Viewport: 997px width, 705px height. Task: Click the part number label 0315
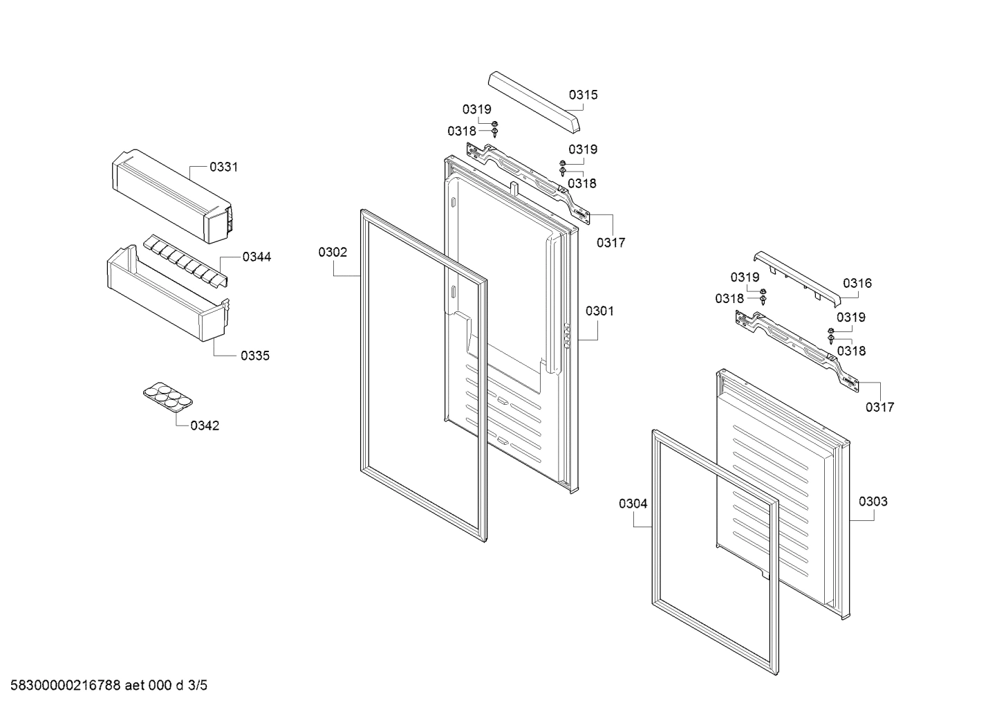click(583, 95)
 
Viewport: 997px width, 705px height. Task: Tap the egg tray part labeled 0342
click(167, 399)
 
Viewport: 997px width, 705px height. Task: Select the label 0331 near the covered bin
click(223, 167)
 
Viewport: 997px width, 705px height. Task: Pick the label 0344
click(257, 257)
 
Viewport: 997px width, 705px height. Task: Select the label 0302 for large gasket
click(333, 253)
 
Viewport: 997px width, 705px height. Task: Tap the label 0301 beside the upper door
click(599, 311)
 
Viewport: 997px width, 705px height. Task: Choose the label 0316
click(857, 282)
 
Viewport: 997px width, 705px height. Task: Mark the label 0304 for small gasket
click(633, 504)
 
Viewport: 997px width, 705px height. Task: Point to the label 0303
click(873, 501)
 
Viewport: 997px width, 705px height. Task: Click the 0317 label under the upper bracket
click(611, 242)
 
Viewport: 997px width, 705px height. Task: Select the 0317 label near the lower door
click(879, 407)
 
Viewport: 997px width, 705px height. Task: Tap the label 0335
click(255, 356)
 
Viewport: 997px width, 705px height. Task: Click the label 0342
click(205, 425)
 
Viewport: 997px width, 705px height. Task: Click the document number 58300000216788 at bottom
click(62, 686)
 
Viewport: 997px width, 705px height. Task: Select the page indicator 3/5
click(197, 686)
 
